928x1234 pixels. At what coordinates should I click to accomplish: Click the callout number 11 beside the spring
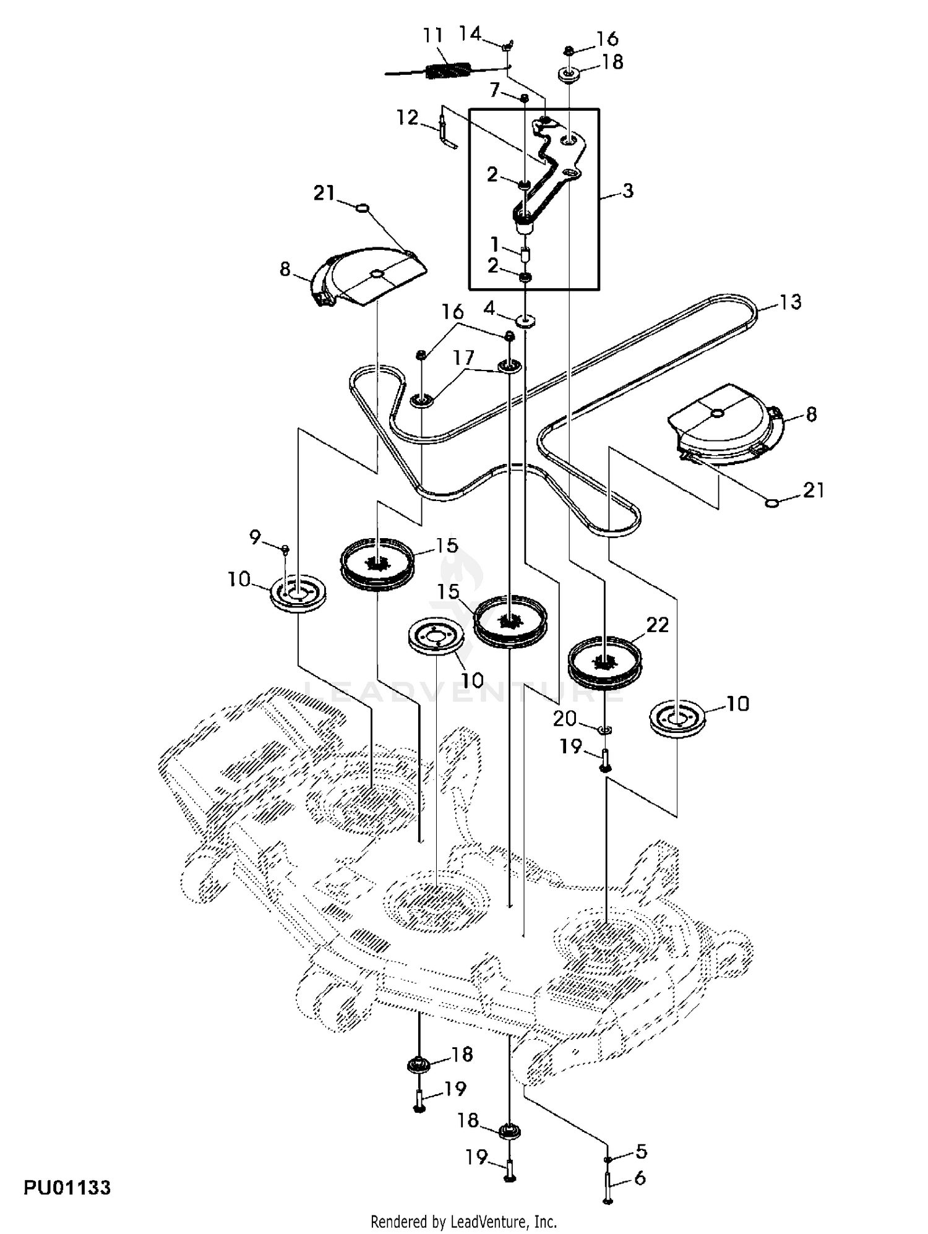[x=434, y=35]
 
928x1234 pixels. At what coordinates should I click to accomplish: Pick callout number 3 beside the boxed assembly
[x=628, y=191]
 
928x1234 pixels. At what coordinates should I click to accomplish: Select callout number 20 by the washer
[x=565, y=719]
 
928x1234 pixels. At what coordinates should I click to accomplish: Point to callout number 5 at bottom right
[x=642, y=1151]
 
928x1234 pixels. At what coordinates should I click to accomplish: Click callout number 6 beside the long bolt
[x=640, y=1178]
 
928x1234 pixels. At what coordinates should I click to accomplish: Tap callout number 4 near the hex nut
[x=489, y=307]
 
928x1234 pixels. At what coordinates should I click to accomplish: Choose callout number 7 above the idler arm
[x=494, y=91]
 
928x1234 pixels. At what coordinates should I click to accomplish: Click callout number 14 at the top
[x=470, y=33]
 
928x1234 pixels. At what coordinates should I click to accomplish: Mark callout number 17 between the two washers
[x=463, y=358]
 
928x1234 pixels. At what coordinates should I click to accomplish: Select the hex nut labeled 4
[x=525, y=320]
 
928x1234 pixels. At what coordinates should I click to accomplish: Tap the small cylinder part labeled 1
[x=525, y=254]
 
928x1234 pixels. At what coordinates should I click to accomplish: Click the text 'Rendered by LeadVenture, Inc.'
[x=463, y=1222]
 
